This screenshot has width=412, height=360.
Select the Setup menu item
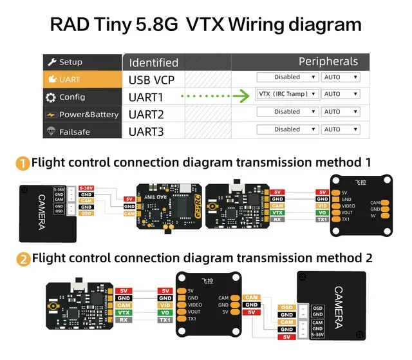pyautogui.click(x=70, y=62)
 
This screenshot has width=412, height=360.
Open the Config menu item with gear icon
pyautogui.click(x=71, y=97)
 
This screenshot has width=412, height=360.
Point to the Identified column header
pyautogui.click(x=153, y=62)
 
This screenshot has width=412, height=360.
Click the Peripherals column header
pyautogui.click(x=328, y=62)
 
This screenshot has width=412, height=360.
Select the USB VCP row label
pyautogui.click(x=156, y=80)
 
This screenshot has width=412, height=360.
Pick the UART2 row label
pyautogui.click(x=146, y=114)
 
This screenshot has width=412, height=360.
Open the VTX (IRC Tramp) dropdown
pyautogui.click(x=287, y=94)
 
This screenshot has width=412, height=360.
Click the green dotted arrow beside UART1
pyautogui.click(x=215, y=97)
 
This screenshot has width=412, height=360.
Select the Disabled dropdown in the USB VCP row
pyautogui.click(x=287, y=77)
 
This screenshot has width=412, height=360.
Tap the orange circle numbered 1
pyautogui.click(x=23, y=163)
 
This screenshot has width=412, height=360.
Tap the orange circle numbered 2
pyautogui.click(x=23, y=259)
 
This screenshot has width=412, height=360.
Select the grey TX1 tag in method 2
pyautogui.click(x=165, y=319)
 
